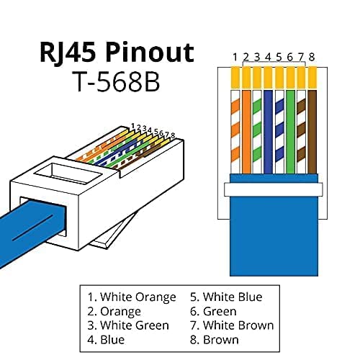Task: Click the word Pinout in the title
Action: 150,53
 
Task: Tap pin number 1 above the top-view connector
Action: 235,55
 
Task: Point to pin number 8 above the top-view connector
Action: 312,55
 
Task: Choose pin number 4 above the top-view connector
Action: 267,55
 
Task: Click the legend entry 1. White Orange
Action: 132,297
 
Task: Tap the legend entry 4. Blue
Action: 105,340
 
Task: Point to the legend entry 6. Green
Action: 213,311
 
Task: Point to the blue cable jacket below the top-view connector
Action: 272,223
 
